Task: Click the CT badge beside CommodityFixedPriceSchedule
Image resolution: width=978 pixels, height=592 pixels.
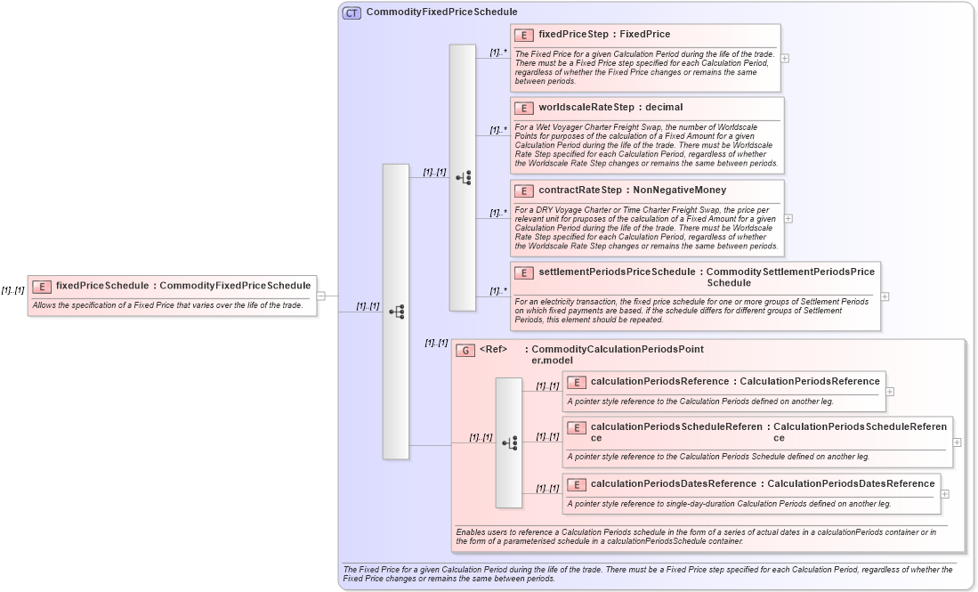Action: [352, 12]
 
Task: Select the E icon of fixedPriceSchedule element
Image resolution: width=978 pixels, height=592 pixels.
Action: [41, 286]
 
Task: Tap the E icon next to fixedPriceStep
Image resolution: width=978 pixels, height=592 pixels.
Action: [524, 35]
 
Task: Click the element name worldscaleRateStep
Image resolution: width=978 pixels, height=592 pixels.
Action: [581, 107]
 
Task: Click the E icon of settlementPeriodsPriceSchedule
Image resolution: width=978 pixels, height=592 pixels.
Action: [524, 272]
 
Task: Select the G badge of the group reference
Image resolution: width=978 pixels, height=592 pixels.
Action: [465, 351]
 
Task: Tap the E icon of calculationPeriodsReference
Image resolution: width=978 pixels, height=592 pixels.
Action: [576, 382]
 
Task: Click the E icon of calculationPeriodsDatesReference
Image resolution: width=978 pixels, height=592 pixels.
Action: [576, 484]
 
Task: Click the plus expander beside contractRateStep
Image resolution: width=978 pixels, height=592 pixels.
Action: [788, 218]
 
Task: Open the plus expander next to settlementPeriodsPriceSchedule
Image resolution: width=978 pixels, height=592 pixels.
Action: [885, 296]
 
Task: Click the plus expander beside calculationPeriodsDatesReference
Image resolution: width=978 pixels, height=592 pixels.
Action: [944, 494]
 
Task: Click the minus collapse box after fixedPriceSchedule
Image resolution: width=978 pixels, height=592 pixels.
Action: [320, 296]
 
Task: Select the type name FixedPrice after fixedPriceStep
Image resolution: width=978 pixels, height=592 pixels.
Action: [645, 35]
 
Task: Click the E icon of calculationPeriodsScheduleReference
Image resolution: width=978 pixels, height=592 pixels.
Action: [576, 428]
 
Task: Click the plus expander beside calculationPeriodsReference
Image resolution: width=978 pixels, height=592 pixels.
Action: [890, 391]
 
